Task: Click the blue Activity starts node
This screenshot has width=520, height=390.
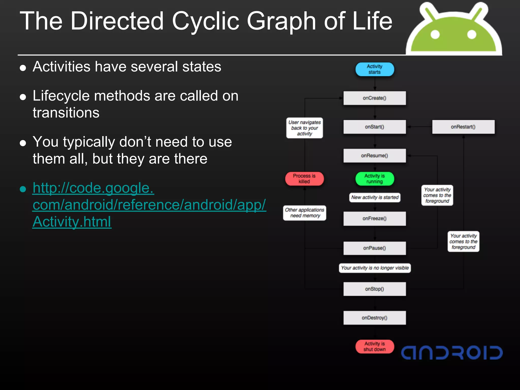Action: (375, 69)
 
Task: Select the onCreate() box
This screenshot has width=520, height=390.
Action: (375, 98)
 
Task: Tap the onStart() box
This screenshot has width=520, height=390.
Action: (375, 127)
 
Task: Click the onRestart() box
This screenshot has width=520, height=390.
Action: (463, 127)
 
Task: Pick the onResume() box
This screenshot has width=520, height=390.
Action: (375, 155)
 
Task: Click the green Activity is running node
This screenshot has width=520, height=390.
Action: (375, 179)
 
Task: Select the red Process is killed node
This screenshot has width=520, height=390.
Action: (304, 179)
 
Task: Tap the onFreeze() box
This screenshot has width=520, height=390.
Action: (375, 218)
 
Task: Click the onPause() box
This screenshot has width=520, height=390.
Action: (375, 248)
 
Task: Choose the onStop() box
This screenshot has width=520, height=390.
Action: (375, 289)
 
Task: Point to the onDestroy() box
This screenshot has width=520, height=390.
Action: (375, 318)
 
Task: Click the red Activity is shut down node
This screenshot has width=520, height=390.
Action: (375, 347)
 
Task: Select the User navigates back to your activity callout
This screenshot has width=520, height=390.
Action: (304, 128)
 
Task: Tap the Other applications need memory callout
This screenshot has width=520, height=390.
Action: (304, 213)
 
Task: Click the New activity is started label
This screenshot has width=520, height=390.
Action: (375, 197)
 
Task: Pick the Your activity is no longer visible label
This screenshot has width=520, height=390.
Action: (375, 268)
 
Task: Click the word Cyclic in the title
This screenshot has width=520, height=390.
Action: (205, 22)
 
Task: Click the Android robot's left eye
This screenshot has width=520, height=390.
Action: (435, 35)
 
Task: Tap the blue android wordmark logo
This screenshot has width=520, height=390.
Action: (451, 353)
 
